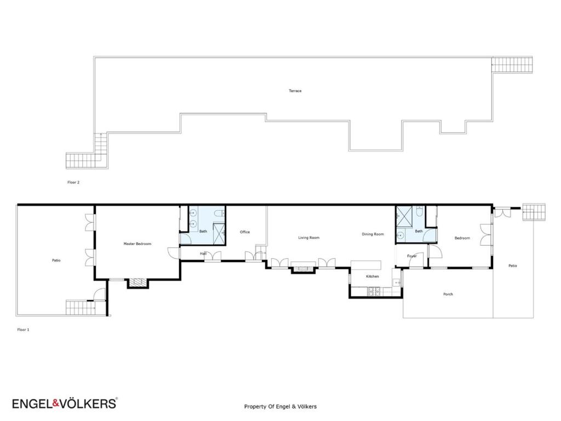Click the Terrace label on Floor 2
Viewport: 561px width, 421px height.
point(295,91)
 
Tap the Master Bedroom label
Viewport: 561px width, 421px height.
point(138,244)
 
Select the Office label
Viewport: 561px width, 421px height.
point(245,232)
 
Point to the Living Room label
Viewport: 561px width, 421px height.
point(309,238)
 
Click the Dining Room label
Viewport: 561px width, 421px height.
point(373,234)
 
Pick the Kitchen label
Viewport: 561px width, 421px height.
point(372,276)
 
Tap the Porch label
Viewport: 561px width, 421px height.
point(448,294)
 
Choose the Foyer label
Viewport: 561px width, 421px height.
point(412,257)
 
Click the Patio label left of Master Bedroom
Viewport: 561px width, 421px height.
point(56,260)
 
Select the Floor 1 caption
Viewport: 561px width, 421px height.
point(23,329)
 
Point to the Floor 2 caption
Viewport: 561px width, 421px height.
point(73,182)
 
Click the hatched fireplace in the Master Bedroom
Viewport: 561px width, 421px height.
point(138,283)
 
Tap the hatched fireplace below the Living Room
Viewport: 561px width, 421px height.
point(303,269)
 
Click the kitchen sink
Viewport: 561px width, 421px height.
point(396,282)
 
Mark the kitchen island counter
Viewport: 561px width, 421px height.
point(366,265)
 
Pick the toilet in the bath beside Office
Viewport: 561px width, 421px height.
point(217,214)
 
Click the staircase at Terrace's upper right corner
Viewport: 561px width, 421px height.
point(512,65)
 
